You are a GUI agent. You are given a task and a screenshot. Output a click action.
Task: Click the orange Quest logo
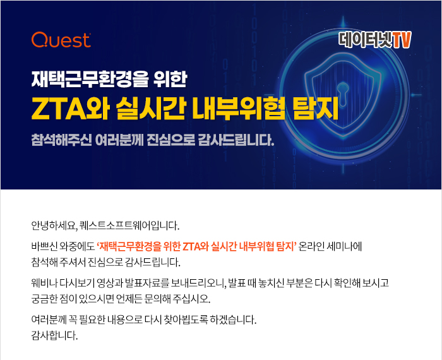click(x=61, y=39)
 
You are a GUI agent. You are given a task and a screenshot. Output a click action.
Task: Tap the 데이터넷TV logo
click(x=375, y=40)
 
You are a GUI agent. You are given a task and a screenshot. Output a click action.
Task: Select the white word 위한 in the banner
click(x=170, y=79)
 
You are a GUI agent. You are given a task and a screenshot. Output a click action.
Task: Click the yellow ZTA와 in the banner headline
click(x=70, y=108)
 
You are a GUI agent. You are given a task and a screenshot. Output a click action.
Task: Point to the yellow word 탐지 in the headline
click(x=316, y=108)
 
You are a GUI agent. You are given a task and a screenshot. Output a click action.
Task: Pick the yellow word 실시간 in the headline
click(x=150, y=108)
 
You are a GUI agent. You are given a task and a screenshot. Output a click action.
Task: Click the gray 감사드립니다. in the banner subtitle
click(x=236, y=140)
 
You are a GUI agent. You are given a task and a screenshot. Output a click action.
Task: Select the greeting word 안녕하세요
click(x=54, y=226)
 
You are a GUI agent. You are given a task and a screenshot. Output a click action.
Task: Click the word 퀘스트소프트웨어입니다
click(x=129, y=226)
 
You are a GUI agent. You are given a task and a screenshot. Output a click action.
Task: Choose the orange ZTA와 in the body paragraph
click(x=195, y=246)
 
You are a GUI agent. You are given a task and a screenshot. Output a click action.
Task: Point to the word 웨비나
click(x=44, y=283)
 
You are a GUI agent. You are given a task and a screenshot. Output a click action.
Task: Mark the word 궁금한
click(x=44, y=299)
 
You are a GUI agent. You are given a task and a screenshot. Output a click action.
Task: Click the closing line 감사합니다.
click(x=54, y=336)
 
